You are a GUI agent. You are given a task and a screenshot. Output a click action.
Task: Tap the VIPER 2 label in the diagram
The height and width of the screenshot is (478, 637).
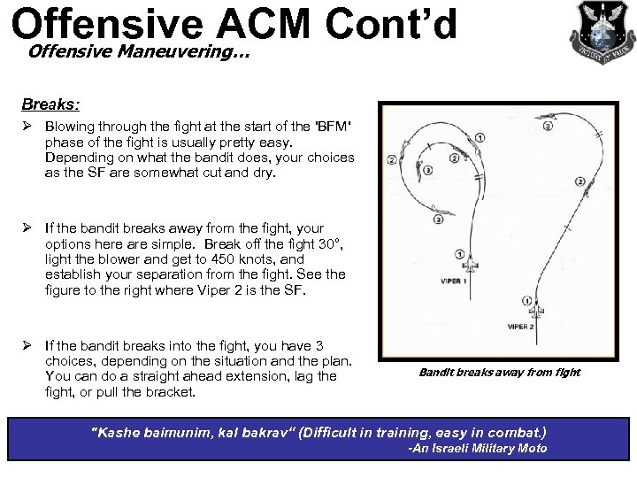pos(520,327)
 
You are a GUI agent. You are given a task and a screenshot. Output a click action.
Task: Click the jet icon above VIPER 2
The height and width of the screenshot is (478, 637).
pos(536,312)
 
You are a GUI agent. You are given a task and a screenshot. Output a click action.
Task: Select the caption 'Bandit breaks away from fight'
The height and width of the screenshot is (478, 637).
pos(499,372)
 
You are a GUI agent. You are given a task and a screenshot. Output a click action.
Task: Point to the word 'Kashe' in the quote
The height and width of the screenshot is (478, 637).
pos(121,432)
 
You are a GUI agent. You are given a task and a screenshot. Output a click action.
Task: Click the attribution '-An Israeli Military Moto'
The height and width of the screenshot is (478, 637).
pos(477,449)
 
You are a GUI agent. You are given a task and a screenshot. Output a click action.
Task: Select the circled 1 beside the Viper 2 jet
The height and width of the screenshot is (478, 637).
pos(527,301)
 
